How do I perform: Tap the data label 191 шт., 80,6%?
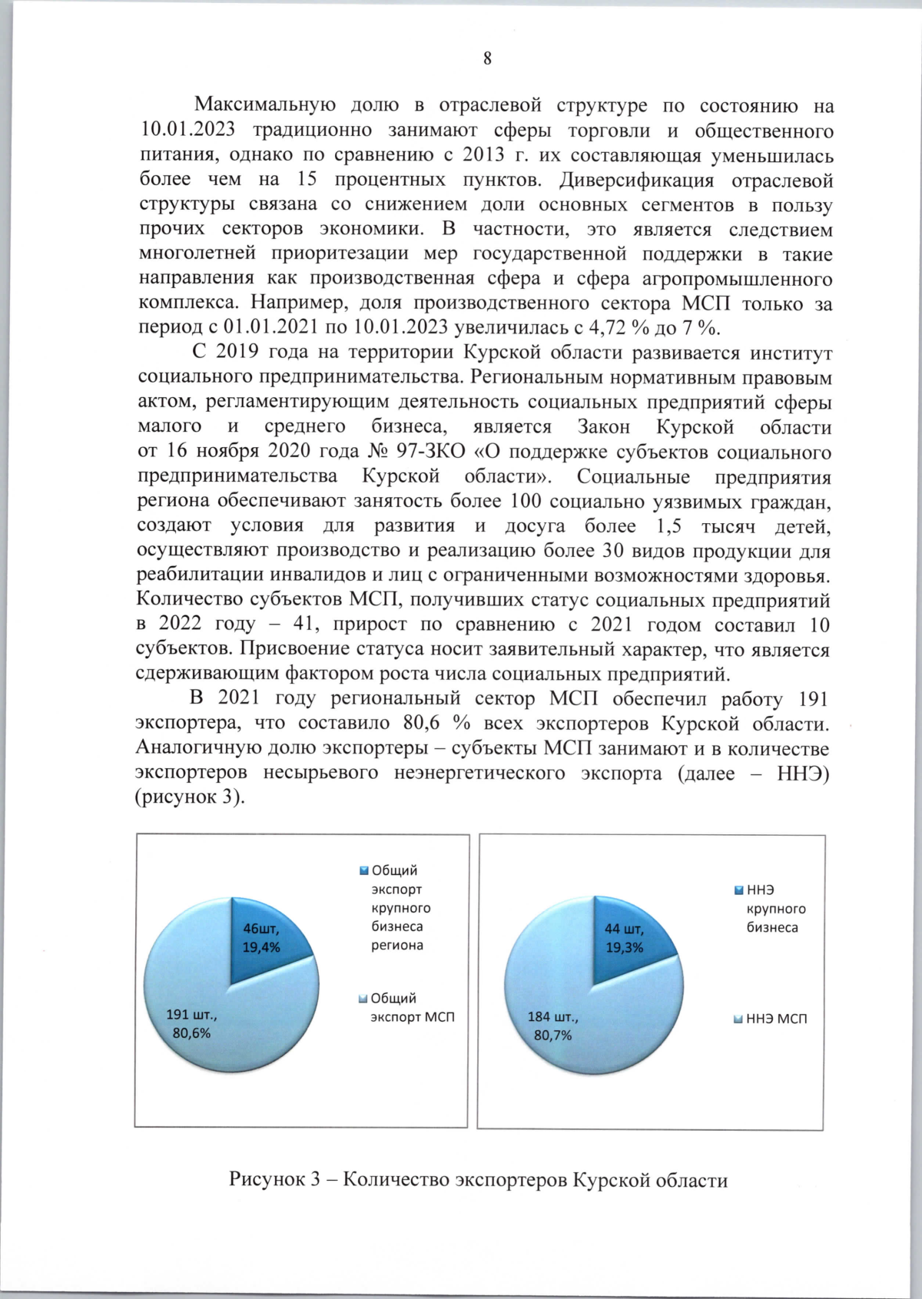[191, 1024]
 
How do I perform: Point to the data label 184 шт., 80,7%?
[552, 1026]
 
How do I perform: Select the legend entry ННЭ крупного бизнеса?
[770, 908]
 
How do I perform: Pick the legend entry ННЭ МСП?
[771, 1019]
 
